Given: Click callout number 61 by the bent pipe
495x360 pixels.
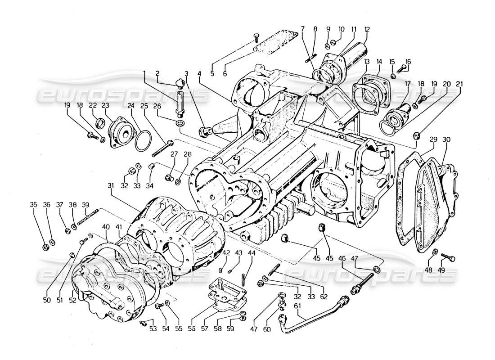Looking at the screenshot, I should (x=297, y=306).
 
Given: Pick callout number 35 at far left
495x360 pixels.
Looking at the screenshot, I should (x=33, y=204).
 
